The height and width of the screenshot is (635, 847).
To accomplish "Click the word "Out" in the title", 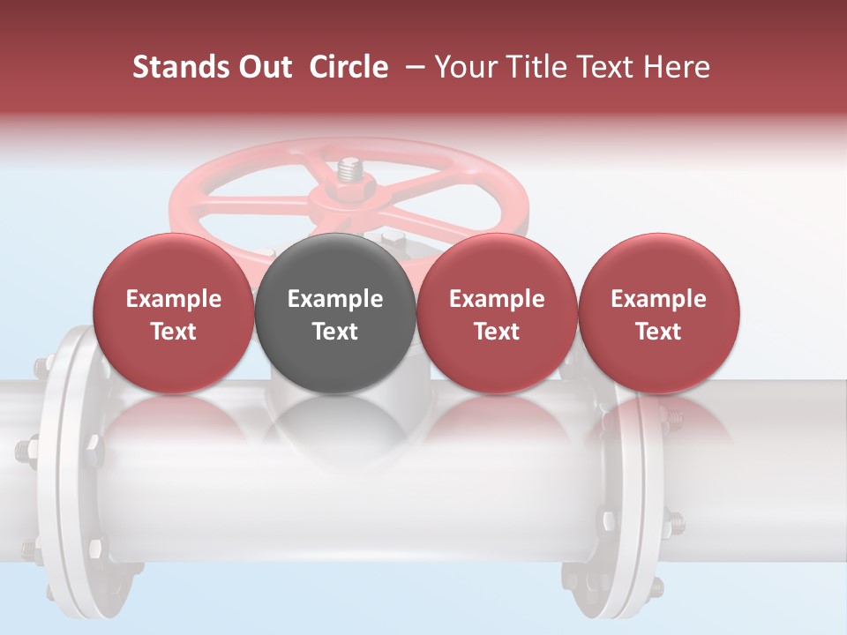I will [260, 67].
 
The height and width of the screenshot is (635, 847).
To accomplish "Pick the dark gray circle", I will [335, 313].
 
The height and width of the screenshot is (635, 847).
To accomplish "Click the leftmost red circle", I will [174, 313].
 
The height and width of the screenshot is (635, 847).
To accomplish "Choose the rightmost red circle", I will [659, 313].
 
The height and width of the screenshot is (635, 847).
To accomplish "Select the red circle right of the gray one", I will [497, 313].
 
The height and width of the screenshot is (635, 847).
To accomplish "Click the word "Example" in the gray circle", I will [335, 299].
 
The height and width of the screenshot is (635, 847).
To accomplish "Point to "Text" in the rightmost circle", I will [659, 332].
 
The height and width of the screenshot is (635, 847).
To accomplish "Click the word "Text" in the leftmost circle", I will [174, 332].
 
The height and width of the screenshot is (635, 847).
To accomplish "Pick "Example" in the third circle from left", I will [497, 299].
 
